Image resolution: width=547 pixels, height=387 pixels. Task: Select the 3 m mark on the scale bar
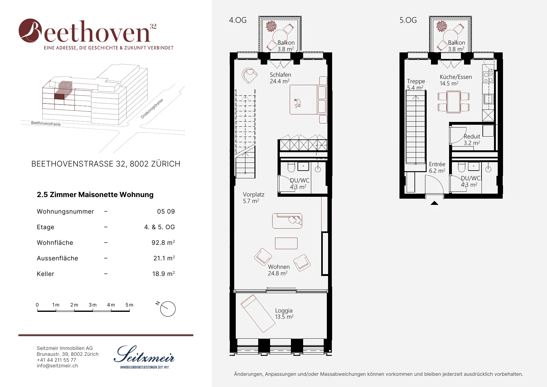pos(93,305)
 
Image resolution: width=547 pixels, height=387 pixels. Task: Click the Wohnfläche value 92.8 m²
pos(163,242)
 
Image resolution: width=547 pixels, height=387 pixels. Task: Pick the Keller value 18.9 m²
pos(163,273)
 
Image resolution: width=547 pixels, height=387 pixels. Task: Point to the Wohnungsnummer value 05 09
pos(166,211)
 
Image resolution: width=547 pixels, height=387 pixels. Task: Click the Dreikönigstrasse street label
pos(152,109)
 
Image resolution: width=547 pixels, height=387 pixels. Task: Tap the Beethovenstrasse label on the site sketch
pos(46,123)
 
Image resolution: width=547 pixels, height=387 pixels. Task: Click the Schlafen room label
pos(280,75)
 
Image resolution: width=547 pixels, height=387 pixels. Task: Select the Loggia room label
pos(284,310)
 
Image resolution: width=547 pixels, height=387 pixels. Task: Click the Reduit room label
pos(472,136)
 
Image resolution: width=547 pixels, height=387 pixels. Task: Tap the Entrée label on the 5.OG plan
pos(437,164)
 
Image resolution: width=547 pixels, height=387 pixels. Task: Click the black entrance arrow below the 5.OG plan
pos(434,203)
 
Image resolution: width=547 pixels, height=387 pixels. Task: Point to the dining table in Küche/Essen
pos(454,102)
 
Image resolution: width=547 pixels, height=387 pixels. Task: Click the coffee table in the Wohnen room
pos(286,243)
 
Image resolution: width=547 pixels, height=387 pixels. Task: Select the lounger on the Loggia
pos(258,314)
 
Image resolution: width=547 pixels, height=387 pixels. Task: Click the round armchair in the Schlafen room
pos(249,75)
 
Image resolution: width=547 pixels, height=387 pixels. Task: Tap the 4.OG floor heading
pos(238,20)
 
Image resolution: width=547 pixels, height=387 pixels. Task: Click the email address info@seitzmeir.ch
pos(57,366)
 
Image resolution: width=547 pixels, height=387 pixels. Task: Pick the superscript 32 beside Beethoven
pos(153,26)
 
